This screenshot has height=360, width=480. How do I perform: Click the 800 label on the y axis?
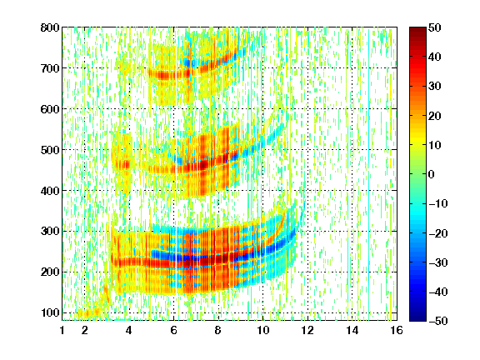[x=50, y=27]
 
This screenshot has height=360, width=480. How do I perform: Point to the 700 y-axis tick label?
[x=50, y=68]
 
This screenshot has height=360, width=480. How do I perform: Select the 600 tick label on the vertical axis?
[x=50, y=109]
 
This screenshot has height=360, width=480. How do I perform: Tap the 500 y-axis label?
[x=50, y=150]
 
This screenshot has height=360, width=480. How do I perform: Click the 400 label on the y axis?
[x=50, y=190]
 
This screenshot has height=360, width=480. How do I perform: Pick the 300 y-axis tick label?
[x=50, y=231]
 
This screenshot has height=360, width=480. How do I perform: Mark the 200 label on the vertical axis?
[x=50, y=272]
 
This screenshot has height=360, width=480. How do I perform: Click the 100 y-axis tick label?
[x=50, y=312]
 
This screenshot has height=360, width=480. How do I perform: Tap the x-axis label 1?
[x=62, y=330]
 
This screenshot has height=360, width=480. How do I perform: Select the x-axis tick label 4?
[x=129, y=330]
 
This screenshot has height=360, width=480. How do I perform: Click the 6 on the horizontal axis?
[x=173, y=330]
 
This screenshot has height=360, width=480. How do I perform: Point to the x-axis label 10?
[x=262, y=330]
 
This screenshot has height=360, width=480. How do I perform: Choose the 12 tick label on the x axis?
[x=307, y=330]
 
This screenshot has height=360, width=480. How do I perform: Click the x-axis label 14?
[x=352, y=330]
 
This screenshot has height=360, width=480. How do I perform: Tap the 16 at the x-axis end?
[x=397, y=330]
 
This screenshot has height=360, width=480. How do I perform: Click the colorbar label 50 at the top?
[x=435, y=27]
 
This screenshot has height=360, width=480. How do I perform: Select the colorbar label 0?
[x=432, y=174]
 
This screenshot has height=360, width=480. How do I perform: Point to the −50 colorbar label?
[x=438, y=321]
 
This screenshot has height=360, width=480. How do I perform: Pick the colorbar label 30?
[x=435, y=86]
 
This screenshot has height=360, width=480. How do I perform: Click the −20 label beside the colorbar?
[x=438, y=233]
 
